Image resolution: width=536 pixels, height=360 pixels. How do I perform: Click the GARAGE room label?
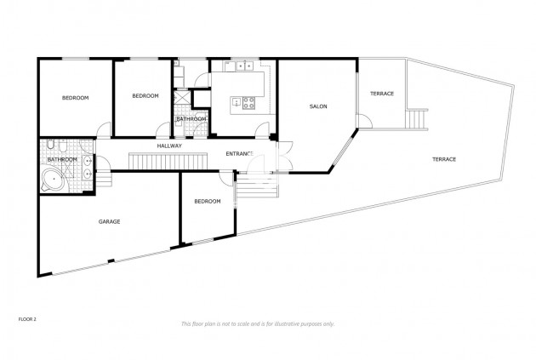tap(110, 221)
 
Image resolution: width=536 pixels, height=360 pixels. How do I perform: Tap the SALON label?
tap(318, 106)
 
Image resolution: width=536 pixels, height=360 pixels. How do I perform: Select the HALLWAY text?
tap(169, 146)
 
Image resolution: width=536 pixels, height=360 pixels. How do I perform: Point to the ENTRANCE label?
tap(240, 154)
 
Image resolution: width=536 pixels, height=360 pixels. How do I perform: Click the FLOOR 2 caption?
tap(27, 319)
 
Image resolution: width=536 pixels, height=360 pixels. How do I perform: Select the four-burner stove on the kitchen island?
tap(248, 103)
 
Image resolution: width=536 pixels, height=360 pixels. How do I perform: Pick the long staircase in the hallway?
tap(168, 161)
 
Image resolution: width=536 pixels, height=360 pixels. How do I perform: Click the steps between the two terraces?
tap(417, 118)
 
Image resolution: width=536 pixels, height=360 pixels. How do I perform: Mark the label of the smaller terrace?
tap(382, 94)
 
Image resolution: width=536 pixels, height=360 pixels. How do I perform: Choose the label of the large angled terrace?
tap(444, 159)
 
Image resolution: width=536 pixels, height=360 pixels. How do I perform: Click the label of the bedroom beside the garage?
tap(208, 202)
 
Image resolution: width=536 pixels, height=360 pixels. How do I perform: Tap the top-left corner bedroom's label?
tap(75, 98)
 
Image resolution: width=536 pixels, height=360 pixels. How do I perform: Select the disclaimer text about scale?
tap(258, 323)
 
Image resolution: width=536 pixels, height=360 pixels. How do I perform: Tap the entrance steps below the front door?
tap(257, 186)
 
